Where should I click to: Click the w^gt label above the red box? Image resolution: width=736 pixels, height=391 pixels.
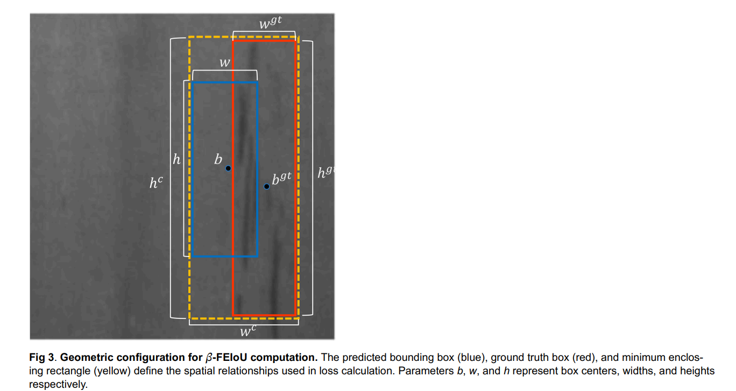270,24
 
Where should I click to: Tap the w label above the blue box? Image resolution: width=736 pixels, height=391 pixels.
225,63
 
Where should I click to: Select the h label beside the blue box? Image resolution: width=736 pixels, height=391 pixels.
176,160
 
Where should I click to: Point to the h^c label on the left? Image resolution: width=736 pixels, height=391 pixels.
156,183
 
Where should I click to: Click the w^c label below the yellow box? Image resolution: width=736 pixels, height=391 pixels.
247,331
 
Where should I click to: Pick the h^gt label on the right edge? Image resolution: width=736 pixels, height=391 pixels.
325,173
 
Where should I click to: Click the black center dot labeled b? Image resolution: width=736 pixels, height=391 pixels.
228,168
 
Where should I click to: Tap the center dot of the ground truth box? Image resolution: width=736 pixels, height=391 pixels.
266,187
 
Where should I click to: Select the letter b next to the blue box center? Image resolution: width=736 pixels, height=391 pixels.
218,159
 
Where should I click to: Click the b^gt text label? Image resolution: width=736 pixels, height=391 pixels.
281,179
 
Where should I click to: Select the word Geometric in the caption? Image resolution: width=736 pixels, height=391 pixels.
86,358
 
